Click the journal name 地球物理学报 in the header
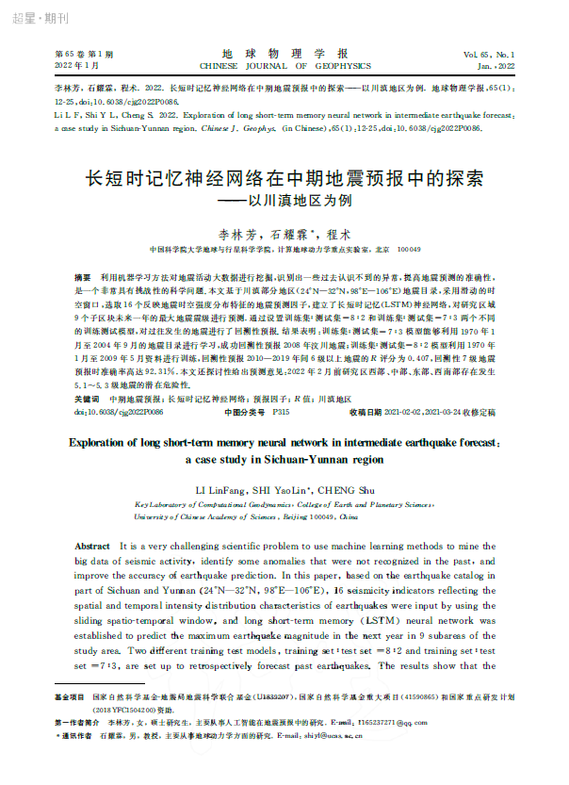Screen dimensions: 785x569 [x=284, y=54]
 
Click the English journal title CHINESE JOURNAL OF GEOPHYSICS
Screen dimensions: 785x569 [x=284, y=67]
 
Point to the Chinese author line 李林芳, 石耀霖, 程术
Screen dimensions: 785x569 [x=284, y=233]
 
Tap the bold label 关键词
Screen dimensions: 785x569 [x=88, y=400]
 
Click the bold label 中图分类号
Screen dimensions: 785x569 [x=244, y=412]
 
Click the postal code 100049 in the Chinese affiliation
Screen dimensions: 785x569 [x=410, y=251]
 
